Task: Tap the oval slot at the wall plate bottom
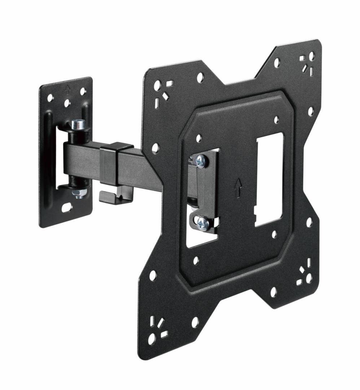pos(66,208)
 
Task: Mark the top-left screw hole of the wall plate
pos(50,98)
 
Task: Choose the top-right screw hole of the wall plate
pos(83,91)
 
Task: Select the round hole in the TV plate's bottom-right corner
pos(308,278)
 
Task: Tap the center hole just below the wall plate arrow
pos(67,103)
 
